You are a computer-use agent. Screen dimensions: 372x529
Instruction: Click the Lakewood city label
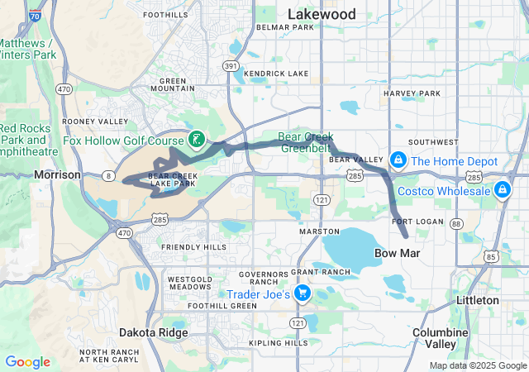pyautogui.click(x=322, y=14)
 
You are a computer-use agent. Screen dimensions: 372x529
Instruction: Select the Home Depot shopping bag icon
pyautogui.click(x=398, y=159)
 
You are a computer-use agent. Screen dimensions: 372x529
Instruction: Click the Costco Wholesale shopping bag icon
pyautogui.click(x=501, y=191)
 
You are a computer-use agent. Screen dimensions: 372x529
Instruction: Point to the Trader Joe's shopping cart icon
pyautogui.click(x=303, y=293)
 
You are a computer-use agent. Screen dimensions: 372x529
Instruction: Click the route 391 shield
pyautogui.click(x=231, y=66)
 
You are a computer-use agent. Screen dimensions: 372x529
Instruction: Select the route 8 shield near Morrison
pyautogui.click(x=109, y=175)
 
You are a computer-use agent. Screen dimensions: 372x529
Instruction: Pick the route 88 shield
pyautogui.click(x=455, y=223)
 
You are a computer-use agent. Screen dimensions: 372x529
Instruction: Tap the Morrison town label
pyautogui.click(x=58, y=174)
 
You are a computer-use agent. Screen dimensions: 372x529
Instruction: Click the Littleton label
pyautogui.click(x=477, y=299)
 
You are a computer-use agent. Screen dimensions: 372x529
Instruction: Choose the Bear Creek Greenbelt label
pyautogui.click(x=307, y=143)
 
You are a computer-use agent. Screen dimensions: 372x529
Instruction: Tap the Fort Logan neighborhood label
pyautogui.click(x=412, y=222)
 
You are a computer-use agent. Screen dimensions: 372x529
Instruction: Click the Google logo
pyautogui.click(x=27, y=362)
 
